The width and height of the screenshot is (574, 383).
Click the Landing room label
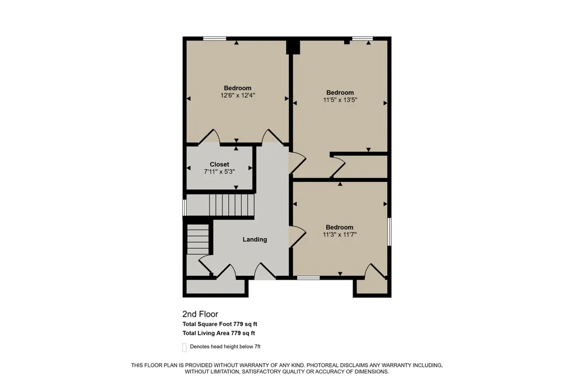tap(255, 240)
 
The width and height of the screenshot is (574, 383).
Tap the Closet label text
tap(219, 165)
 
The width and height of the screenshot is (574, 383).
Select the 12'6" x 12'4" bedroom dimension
tap(238, 95)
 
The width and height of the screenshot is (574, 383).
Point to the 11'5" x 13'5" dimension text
tap(340, 100)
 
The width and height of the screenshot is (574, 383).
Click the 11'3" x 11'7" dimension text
tap(340, 234)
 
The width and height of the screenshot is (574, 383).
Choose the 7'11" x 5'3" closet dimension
tap(219, 171)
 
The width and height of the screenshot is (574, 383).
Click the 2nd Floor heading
tap(200, 314)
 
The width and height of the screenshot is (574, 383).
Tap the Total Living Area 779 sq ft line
tap(219, 333)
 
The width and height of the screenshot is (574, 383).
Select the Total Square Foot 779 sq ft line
tap(220, 324)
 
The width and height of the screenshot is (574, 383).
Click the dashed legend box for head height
tap(184, 348)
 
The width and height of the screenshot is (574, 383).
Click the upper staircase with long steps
tap(232, 205)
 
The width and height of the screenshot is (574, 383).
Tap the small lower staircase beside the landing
tap(198, 239)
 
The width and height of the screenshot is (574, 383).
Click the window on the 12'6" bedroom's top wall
tap(215, 38)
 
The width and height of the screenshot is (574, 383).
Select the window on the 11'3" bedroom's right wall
tap(390, 232)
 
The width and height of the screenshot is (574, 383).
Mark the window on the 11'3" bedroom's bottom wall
tap(308, 278)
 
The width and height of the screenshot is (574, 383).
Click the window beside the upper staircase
tap(184, 207)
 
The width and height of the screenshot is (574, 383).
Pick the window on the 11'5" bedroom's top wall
tap(363, 38)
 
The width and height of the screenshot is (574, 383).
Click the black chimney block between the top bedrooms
tap(293, 47)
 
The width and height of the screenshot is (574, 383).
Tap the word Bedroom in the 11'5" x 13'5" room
tap(340, 93)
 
